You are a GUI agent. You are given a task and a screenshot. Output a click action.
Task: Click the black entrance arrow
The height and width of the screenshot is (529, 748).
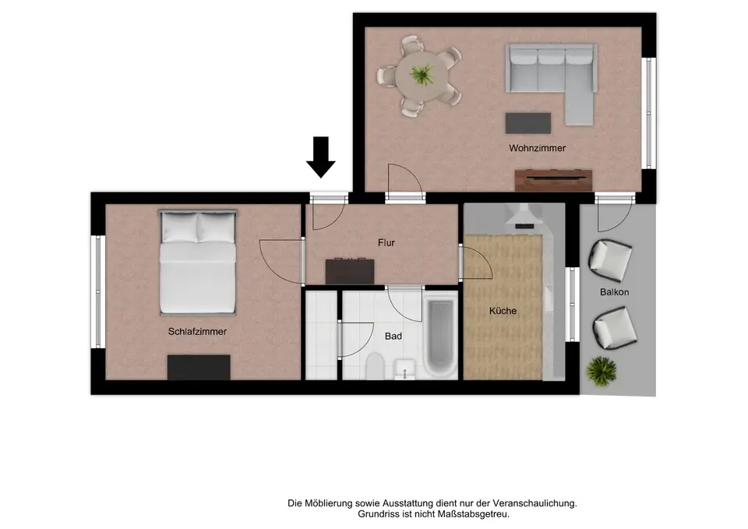click(320, 157)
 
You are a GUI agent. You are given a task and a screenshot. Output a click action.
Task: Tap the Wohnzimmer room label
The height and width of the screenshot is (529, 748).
click(537, 148)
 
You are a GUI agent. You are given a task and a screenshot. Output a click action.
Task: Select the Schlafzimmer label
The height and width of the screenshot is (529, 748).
click(197, 332)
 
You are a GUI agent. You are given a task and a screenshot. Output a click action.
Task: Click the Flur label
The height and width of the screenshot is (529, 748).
click(386, 243)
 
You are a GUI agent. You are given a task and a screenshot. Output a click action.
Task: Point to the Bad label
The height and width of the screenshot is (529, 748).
click(393, 337)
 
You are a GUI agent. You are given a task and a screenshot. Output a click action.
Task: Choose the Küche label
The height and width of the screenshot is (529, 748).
click(503, 311)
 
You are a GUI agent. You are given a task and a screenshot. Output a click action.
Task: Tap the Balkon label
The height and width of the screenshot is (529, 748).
click(615, 292)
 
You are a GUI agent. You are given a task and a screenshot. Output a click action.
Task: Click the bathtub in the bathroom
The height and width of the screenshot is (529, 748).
click(440, 337)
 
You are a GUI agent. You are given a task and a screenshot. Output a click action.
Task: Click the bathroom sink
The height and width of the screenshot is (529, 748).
click(405, 369)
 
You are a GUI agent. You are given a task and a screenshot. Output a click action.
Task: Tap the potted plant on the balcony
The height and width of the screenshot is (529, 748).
click(602, 371)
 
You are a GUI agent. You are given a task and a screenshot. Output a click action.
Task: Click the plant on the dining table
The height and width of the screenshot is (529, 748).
click(422, 75)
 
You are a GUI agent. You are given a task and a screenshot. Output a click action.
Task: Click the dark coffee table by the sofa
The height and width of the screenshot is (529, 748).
click(528, 123)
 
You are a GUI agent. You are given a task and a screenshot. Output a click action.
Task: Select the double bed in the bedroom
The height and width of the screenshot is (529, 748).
click(197, 263)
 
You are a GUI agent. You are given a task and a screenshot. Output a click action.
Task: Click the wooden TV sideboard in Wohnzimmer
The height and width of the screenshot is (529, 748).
click(553, 180)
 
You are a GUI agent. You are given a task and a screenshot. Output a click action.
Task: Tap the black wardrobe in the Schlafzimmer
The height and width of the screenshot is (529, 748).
click(199, 367)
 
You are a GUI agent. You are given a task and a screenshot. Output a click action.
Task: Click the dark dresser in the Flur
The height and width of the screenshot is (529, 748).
click(350, 271)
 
